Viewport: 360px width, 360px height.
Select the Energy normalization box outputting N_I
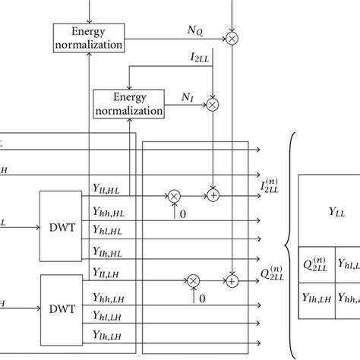pyautogui.click(x=128, y=103)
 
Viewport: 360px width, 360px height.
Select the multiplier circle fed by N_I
pyautogui.click(x=213, y=104)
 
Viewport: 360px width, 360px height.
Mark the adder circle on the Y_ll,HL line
pyautogui.click(x=213, y=196)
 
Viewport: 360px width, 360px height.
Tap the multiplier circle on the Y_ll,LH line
pyautogui.click(x=193, y=281)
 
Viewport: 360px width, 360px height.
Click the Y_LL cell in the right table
pyautogui.click(x=329, y=210)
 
